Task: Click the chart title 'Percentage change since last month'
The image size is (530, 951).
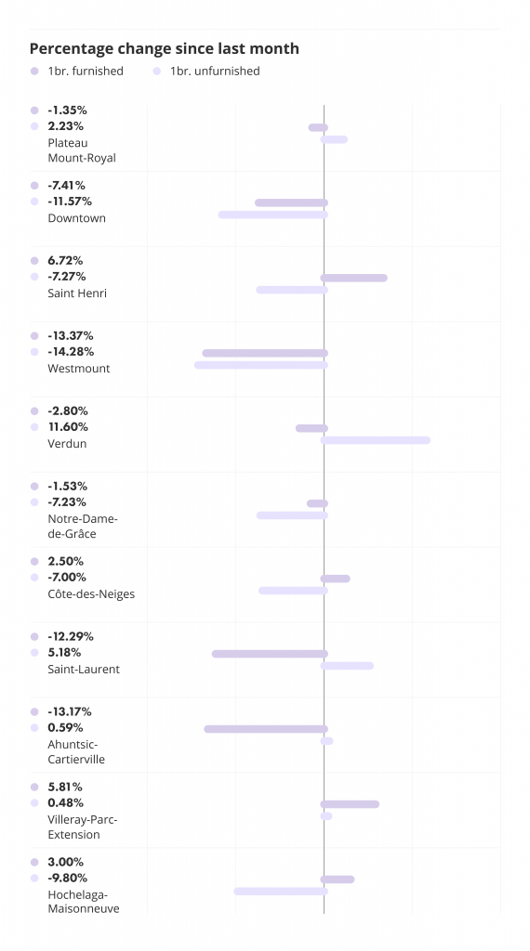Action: click(164, 48)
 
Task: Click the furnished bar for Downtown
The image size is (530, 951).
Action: click(291, 202)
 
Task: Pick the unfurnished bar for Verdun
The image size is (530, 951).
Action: click(376, 440)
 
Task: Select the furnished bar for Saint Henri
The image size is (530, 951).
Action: click(354, 278)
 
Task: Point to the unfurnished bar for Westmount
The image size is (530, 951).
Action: click(261, 365)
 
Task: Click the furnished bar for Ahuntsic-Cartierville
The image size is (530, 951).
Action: click(266, 729)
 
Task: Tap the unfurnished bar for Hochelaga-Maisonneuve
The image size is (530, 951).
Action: click(281, 892)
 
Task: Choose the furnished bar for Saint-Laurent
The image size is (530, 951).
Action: click(271, 654)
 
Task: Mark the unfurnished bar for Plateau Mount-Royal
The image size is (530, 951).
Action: click(334, 139)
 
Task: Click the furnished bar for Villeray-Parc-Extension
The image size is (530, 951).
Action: click(350, 804)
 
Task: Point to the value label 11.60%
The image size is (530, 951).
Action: click(68, 427)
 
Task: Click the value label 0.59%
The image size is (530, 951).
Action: click(66, 728)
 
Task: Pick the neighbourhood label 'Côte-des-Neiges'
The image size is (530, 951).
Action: click(91, 593)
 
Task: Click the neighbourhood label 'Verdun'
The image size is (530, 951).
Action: click(67, 443)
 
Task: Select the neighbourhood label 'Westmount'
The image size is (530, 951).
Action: click(79, 368)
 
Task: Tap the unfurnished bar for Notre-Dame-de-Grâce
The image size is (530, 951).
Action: click(292, 515)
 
